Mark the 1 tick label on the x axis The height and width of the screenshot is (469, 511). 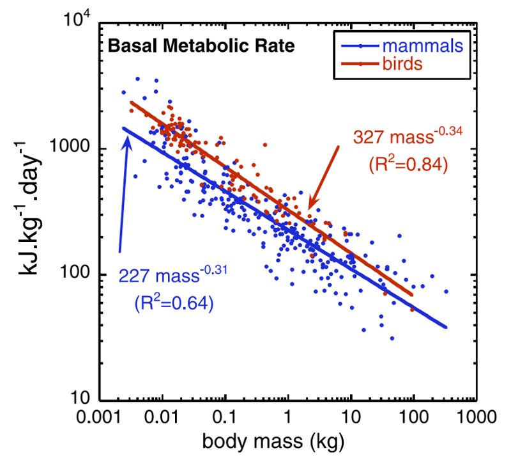point(287,423)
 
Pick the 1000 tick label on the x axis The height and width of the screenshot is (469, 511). point(475,423)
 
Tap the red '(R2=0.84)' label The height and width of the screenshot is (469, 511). point(409,165)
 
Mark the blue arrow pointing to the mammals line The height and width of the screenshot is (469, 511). point(123,192)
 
